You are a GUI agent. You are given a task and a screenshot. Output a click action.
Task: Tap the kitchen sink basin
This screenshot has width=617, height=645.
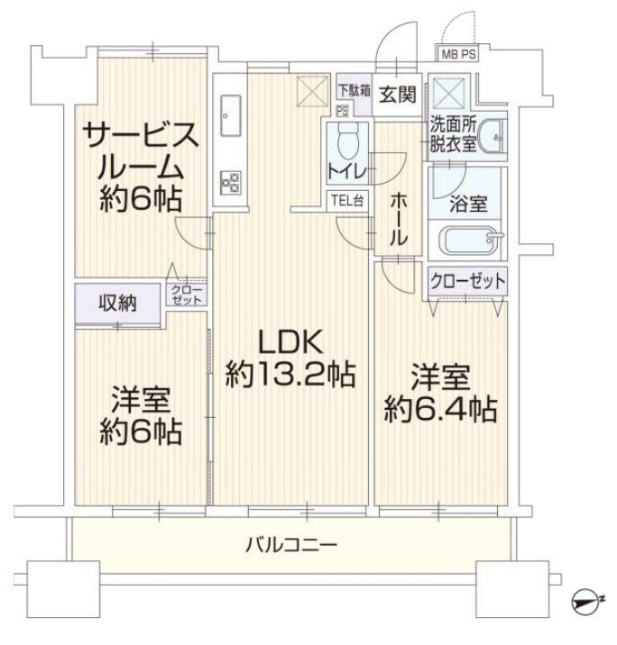230,115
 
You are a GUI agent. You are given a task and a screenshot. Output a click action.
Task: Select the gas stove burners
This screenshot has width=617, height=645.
230,182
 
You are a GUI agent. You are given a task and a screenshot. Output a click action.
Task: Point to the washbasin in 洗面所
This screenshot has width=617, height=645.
492,137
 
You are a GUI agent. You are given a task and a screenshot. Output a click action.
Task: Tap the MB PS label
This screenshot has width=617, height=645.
458,54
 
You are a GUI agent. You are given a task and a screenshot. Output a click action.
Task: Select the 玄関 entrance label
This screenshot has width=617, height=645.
398,95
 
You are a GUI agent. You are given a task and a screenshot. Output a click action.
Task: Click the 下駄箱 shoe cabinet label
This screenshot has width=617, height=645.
355,90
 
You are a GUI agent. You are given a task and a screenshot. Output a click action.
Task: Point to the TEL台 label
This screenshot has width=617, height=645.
347,201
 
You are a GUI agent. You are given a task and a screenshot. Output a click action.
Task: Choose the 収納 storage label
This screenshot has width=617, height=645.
117,304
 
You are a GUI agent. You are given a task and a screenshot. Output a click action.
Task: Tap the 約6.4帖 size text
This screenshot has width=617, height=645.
441,409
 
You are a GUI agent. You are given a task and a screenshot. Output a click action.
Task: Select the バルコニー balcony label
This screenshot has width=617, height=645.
291,545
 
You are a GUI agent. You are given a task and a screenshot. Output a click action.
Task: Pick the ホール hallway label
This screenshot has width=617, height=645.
399,219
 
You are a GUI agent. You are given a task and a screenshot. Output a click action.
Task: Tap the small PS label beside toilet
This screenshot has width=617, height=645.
342,111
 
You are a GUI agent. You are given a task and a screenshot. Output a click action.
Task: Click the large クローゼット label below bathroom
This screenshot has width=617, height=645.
467,281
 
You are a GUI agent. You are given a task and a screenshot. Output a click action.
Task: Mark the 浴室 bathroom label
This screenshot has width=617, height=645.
468,204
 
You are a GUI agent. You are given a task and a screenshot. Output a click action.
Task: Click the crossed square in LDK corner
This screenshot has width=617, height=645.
314,90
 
